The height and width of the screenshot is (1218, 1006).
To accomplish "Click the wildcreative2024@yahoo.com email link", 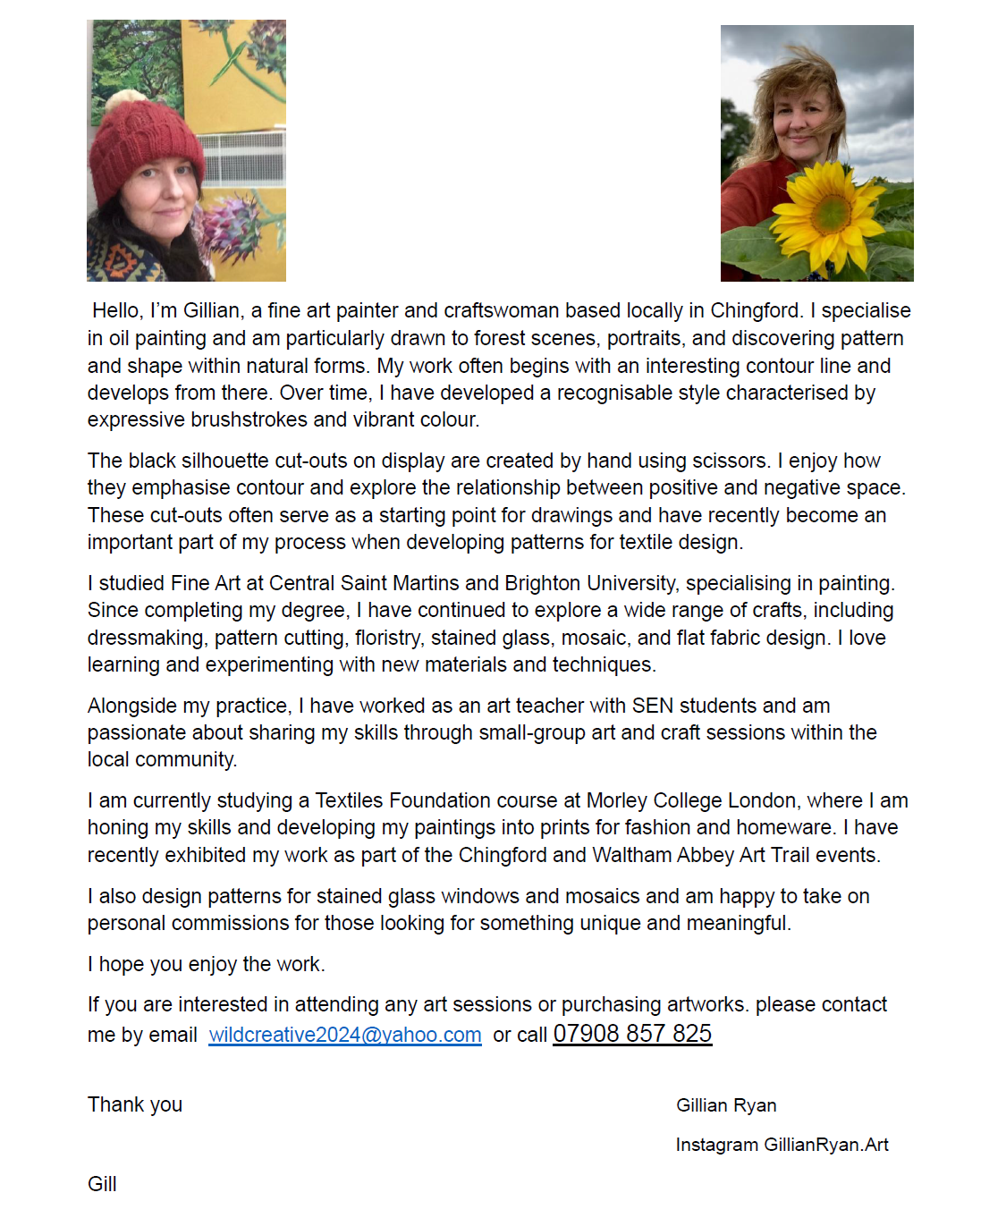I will [345, 1035].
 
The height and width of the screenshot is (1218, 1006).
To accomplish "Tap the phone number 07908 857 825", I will [632, 1034].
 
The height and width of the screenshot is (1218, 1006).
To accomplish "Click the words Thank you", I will [135, 1104].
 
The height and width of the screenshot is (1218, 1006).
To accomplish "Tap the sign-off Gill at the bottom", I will [102, 1184].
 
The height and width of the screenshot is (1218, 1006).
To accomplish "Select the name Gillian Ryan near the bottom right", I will [726, 1105].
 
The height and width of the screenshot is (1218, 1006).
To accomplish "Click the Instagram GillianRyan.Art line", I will [782, 1145].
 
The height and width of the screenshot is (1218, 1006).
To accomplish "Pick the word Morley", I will [616, 800].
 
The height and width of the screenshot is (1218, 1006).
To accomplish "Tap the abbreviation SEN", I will [653, 706].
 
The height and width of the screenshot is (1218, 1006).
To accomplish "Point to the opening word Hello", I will [117, 310].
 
